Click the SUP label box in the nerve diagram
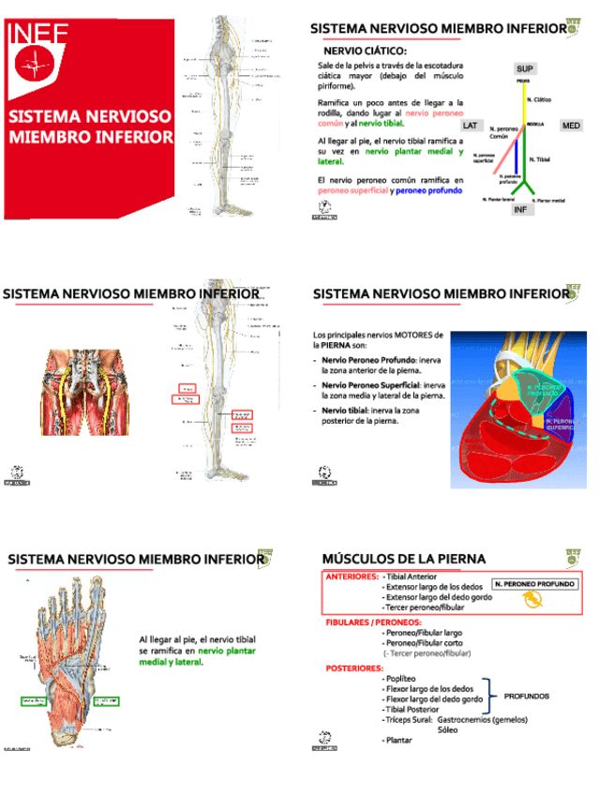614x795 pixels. [x=525, y=69]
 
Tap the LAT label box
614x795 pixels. [x=471, y=125]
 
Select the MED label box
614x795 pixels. [x=571, y=125]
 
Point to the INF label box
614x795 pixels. [x=522, y=209]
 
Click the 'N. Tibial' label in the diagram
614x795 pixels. [x=540, y=160]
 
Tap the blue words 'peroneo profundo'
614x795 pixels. [x=430, y=190]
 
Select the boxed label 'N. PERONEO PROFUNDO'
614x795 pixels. [x=534, y=583]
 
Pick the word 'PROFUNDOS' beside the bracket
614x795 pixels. [x=527, y=697]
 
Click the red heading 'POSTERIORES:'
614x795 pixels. [x=354, y=668]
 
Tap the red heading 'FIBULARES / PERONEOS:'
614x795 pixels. [x=373, y=622]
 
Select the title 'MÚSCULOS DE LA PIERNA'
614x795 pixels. [x=404, y=559]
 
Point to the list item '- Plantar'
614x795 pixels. [x=399, y=741]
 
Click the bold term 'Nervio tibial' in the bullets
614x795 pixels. [x=348, y=410]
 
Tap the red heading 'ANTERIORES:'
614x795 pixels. [x=352, y=577]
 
